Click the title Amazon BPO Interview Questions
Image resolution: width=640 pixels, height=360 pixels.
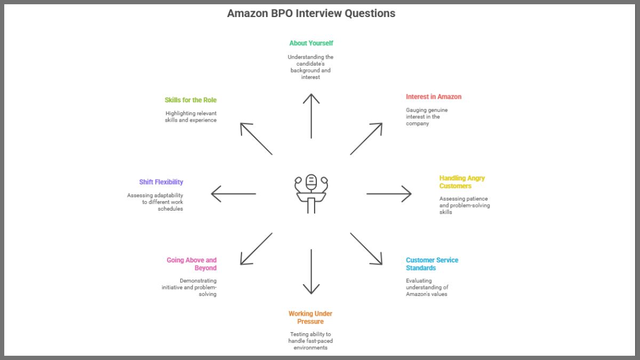click(x=311, y=13)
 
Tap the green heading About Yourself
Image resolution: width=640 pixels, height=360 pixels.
click(x=311, y=43)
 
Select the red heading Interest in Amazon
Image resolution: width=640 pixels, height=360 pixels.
click(x=433, y=97)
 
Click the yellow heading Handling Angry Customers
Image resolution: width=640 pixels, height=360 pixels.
click(x=462, y=182)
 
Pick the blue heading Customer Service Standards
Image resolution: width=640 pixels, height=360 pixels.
click(x=431, y=264)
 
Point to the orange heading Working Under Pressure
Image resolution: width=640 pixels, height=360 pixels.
click(x=310, y=317)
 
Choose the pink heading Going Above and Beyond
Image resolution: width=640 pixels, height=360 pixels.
click(x=191, y=264)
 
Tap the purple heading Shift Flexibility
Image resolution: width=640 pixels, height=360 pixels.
click(x=161, y=182)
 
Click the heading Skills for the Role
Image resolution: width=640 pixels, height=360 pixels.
click(x=190, y=100)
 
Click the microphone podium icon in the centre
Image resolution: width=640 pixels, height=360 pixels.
click(x=311, y=194)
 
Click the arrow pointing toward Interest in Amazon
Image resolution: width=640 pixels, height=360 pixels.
click(x=366, y=139)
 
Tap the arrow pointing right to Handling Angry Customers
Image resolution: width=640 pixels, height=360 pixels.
click(x=389, y=194)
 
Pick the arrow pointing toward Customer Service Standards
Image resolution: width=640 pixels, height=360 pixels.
click(x=366, y=249)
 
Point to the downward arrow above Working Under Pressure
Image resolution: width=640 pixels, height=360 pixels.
click(x=311, y=271)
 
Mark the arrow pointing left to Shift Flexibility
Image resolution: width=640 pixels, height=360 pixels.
click(x=234, y=194)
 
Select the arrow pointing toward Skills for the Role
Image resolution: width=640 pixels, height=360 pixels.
click(x=256, y=139)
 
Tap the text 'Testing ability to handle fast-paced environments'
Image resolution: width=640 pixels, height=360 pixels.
click(x=310, y=341)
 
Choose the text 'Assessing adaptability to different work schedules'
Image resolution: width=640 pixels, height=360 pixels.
click(x=155, y=202)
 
